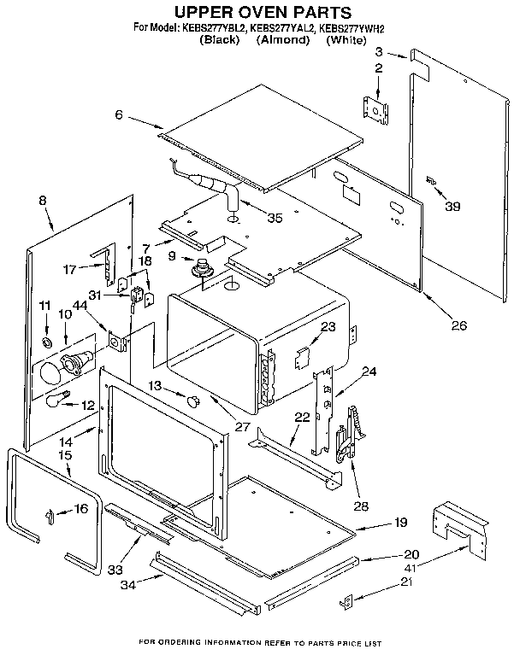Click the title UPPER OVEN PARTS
point(263,12)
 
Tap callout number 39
point(452,206)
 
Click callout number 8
point(43,201)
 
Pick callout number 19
point(400,523)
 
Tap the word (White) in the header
point(346,40)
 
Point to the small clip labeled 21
point(347,602)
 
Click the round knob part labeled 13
point(192,397)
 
